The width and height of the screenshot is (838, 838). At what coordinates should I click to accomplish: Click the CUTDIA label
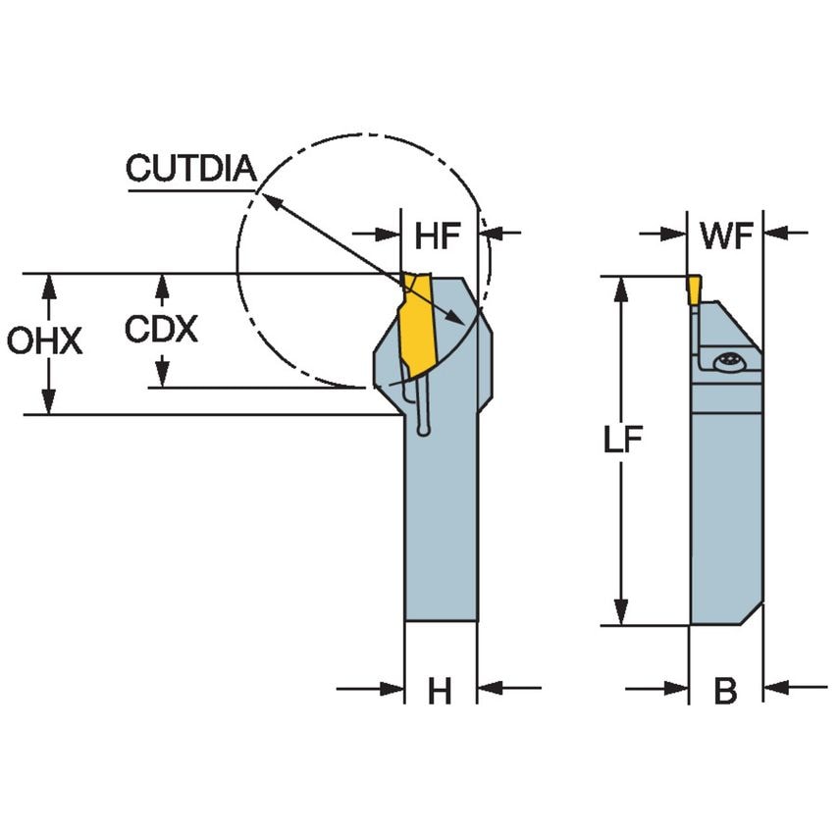point(190,169)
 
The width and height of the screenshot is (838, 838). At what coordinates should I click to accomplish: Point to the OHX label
point(43,341)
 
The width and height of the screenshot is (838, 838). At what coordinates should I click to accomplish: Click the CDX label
point(161,330)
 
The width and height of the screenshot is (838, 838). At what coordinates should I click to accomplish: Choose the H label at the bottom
point(440,692)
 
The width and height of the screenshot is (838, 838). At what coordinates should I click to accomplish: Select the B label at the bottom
point(725,692)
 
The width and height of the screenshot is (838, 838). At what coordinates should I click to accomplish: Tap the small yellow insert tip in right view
point(694,288)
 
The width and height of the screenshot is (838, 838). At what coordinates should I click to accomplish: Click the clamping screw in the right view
point(728,362)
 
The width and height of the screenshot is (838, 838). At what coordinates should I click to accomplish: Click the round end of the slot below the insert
point(423,428)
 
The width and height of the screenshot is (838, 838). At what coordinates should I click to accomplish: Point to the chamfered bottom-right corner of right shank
point(752,614)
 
